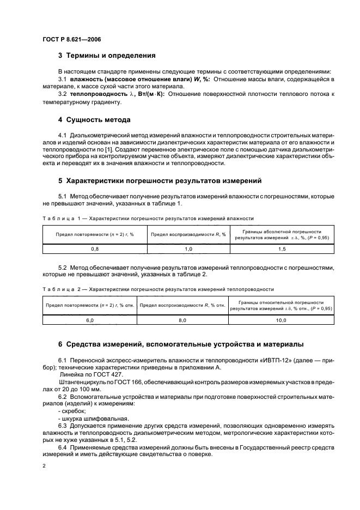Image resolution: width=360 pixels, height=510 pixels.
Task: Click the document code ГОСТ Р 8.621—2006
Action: [70, 40]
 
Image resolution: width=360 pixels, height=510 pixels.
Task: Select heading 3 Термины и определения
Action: [107, 56]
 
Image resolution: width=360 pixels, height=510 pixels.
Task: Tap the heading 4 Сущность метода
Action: [94, 119]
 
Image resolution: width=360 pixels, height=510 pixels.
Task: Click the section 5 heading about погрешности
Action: [160, 180]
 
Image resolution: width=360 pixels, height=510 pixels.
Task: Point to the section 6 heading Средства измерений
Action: [176, 344]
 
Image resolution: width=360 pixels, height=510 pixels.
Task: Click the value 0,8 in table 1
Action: [95, 248]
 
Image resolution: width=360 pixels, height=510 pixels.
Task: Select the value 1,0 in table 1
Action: [188, 248]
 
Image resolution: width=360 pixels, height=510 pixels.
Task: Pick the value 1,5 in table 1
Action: [282, 248]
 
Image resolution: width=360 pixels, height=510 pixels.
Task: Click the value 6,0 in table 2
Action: [89, 321]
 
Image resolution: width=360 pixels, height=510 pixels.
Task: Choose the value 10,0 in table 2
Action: [280, 321]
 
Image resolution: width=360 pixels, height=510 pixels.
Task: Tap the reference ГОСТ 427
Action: [102, 375]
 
